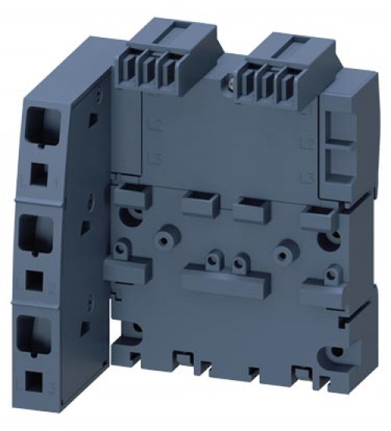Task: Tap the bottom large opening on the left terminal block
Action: click(x=38, y=330)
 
